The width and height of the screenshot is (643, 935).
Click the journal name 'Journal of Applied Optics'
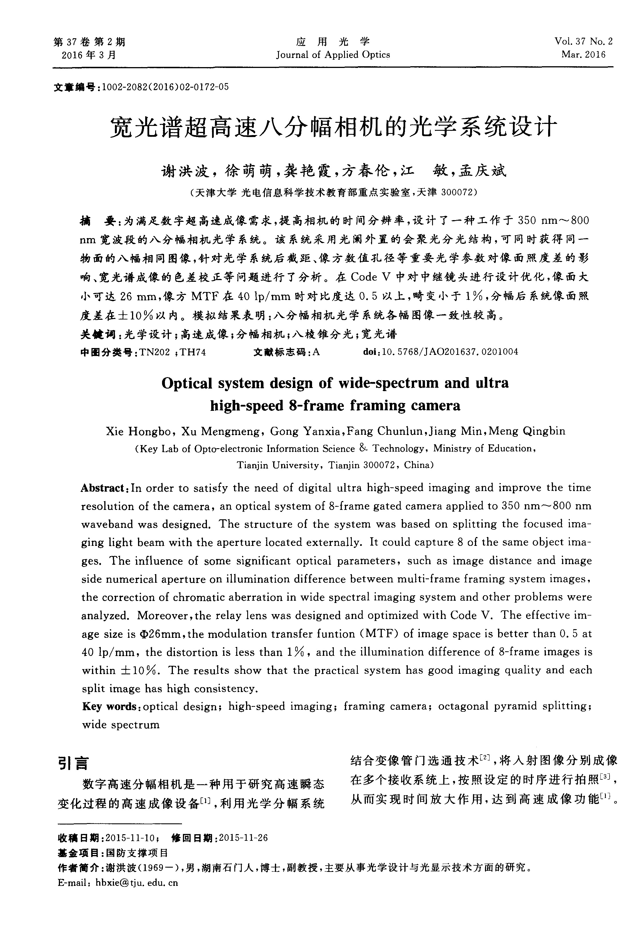[333, 55]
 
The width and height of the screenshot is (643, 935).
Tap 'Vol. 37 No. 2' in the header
[583, 41]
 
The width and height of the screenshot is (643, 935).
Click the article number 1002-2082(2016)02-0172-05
[165, 87]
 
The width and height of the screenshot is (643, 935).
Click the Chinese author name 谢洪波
[185, 172]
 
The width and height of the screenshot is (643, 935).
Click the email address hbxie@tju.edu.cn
[137, 883]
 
